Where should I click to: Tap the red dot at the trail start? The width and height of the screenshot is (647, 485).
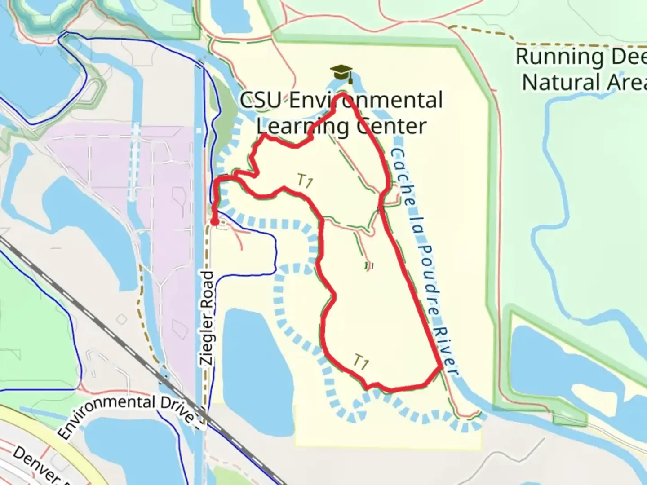coord(215,222)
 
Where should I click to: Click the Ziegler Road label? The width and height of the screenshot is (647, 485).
coord(208,318)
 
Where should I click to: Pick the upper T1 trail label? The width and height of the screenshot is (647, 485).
coord(305,181)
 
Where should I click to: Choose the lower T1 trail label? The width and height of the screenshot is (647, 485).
coord(361,362)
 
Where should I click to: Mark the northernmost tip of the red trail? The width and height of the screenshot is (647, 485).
coord(342,94)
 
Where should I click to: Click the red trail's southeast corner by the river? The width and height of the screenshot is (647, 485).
coord(441,367)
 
